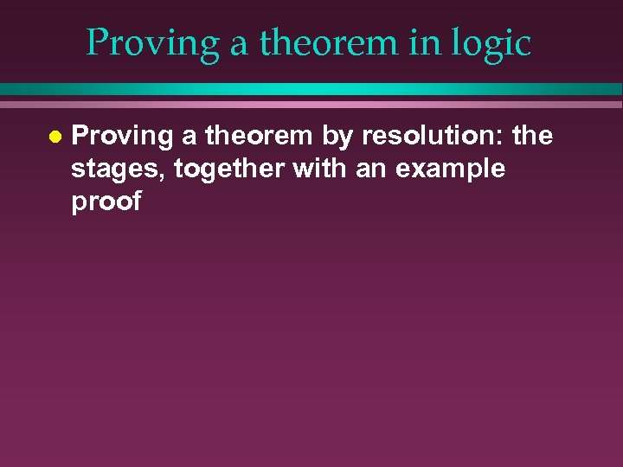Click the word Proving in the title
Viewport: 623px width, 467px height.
tap(152, 42)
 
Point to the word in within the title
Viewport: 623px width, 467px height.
tap(426, 42)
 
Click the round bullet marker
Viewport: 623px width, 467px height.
tap(55, 137)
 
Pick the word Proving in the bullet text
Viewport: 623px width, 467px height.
tap(122, 137)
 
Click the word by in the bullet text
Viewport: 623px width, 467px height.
tap(338, 137)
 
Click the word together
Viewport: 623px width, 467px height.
tap(229, 170)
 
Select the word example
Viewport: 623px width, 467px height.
tap(451, 170)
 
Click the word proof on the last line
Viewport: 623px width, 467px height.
tap(106, 202)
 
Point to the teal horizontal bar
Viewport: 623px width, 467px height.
tap(311, 89)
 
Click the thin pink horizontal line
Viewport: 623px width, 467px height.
tap(311, 104)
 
